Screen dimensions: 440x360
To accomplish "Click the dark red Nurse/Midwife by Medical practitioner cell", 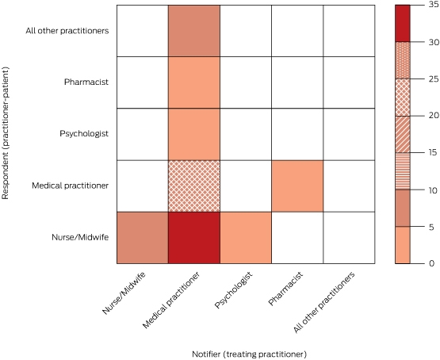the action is (x=194, y=238).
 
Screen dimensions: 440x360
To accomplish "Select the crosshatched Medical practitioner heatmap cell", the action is (x=194, y=186).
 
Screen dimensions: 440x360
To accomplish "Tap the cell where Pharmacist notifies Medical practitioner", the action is (x=297, y=186).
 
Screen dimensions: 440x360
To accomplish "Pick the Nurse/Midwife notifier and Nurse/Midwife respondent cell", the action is (x=143, y=238).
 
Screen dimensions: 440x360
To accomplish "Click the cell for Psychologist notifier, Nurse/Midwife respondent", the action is (x=246, y=238).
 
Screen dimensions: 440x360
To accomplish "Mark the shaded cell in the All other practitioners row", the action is (x=194, y=31).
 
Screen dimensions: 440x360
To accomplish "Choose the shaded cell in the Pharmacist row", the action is (x=194, y=82).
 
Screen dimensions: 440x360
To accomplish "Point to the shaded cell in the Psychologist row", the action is (x=194, y=134).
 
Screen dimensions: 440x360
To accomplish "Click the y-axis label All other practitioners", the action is (x=67, y=31).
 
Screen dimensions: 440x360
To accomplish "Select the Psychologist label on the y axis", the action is (x=84, y=133).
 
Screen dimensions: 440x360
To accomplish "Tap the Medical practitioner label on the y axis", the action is (x=70, y=186).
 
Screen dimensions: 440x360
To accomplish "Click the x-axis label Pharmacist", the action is (x=285, y=289).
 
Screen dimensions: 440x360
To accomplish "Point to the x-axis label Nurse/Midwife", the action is (x=124, y=293).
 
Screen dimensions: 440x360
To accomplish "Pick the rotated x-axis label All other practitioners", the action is (x=324, y=302).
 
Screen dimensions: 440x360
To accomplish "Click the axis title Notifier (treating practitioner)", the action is (x=249, y=354).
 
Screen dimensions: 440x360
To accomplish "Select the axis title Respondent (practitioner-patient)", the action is (x=6, y=132).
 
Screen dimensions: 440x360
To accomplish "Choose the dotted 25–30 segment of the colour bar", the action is (x=403, y=60).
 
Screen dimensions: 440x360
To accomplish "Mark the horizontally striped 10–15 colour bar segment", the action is (x=403, y=171).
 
